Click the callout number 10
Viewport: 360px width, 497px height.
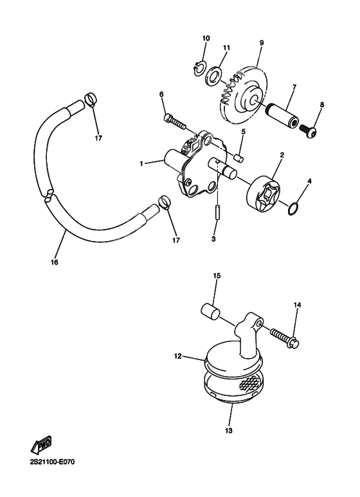(206, 38)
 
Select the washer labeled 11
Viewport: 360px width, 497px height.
(214, 78)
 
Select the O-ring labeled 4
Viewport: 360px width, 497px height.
(292, 208)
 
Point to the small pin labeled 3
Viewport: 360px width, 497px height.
(217, 212)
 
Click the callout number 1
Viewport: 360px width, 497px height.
(141, 163)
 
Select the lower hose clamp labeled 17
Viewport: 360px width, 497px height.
(164, 206)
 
